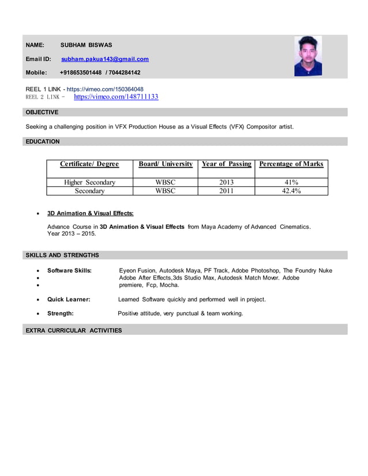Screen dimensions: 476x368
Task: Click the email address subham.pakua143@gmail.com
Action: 105,59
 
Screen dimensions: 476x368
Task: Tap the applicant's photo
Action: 308,56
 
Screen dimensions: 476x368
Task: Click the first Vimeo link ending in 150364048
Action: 105,89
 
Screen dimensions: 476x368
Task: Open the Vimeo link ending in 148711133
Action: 116,97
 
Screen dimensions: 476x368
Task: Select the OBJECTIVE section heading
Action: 42,112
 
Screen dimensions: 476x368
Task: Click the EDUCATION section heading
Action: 43,141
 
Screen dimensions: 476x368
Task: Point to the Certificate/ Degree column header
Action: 89,164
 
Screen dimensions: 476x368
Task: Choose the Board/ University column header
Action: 166,164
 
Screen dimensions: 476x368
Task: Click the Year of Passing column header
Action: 226,164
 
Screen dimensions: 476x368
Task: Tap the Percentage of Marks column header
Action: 291,164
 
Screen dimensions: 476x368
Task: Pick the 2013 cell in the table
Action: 226,183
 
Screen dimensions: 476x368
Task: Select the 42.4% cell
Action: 291,191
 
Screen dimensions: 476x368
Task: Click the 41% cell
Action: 291,183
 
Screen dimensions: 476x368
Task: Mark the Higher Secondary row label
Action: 89,183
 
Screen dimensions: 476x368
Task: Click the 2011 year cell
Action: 226,191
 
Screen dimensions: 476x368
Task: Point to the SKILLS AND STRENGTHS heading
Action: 62,255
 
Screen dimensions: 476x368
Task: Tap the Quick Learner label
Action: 69,300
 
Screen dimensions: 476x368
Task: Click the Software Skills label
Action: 69,270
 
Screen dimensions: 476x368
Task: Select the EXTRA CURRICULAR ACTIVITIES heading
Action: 74,330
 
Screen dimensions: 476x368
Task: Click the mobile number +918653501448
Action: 81,73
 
